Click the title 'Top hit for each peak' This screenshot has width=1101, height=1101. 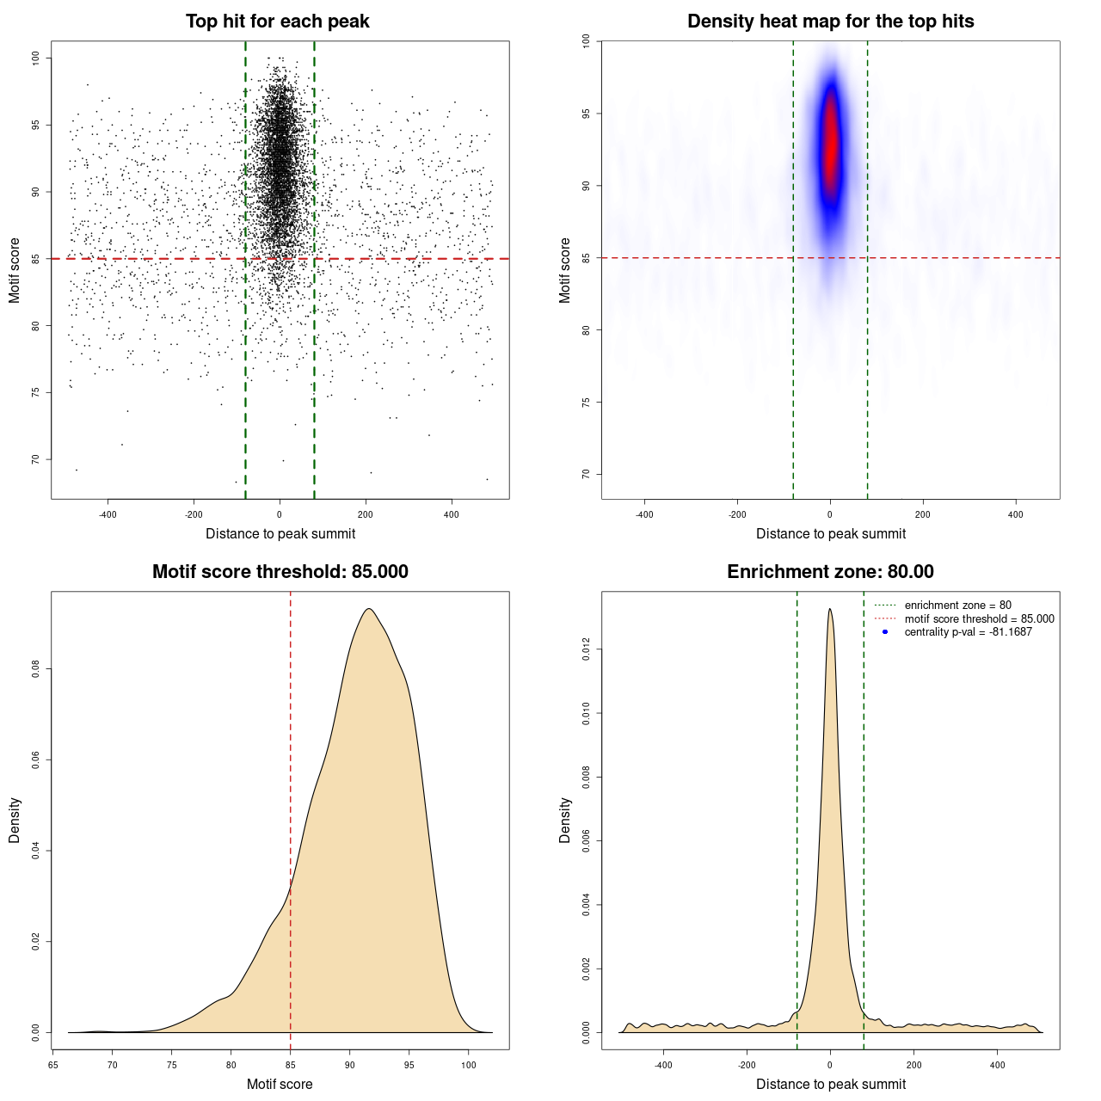tap(277, 22)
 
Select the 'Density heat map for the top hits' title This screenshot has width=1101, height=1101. tap(830, 22)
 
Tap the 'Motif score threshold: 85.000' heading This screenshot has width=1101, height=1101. tap(280, 572)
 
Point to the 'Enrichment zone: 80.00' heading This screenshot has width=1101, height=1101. tap(830, 572)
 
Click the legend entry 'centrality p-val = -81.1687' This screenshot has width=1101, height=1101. tap(968, 632)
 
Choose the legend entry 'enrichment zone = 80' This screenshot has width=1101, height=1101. tap(957, 606)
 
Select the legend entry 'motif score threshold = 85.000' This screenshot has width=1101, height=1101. tap(979, 618)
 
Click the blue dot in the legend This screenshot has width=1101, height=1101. tap(885, 632)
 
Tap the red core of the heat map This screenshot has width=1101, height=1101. tap(830, 142)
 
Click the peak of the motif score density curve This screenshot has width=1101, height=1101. tap(369, 609)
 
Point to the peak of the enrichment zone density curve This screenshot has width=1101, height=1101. tap(829, 609)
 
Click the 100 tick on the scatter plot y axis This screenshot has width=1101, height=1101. tap(36, 58)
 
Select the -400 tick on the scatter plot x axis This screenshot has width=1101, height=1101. tap(108, 514)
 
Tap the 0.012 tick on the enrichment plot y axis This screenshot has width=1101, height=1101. tap(587, 649)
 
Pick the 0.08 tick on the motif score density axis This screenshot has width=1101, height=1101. tap(36, 669)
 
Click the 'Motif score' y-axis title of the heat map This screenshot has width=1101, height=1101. tap(565, 270)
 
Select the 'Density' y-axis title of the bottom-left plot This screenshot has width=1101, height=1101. tap(15, 821)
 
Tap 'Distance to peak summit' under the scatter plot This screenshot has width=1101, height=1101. tap(280, 534)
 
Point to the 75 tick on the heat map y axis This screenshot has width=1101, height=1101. tap(587, 402)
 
